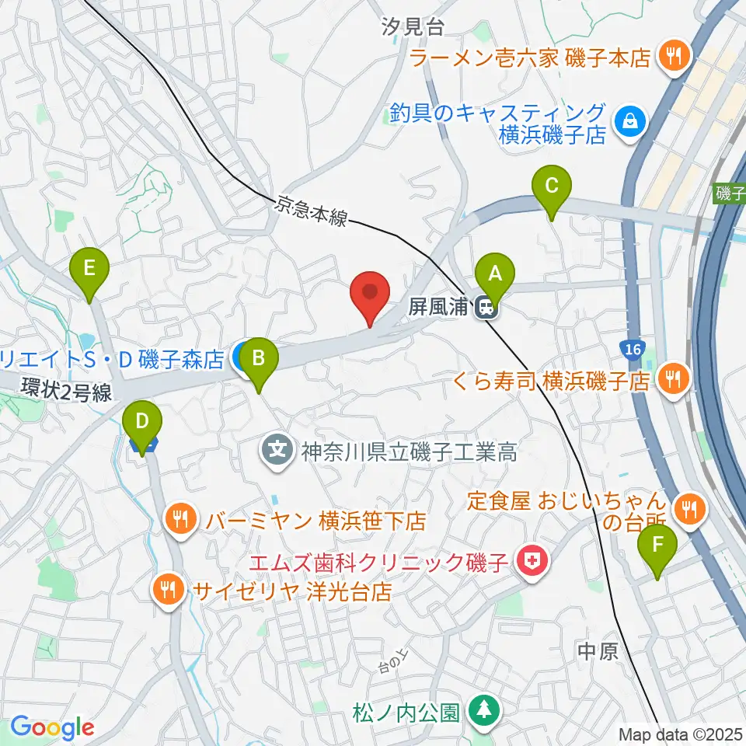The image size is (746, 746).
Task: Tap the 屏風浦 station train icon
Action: tap(487, 308)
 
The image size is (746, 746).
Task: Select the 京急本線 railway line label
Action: tap(310, 210)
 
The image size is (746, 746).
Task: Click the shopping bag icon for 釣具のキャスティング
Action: tap(626, 121)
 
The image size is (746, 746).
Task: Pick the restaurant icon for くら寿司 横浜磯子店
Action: tap(669, 378)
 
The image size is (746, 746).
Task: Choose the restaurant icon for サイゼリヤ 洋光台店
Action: tap(168, 589)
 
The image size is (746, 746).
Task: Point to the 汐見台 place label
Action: tap(413, 28)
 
